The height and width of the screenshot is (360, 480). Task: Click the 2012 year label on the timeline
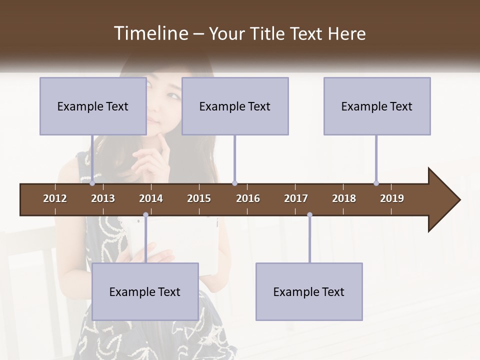[55, 198]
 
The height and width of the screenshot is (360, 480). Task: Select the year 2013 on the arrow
[103, 198]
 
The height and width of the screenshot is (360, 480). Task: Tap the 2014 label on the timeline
[151, 198]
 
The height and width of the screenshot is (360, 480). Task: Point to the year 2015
[199, 198]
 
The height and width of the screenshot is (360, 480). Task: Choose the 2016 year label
[248, 198]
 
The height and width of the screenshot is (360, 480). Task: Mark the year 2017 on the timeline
[296, 198]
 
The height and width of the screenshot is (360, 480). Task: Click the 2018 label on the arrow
[344, 198]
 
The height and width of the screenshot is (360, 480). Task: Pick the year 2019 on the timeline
[392, 198]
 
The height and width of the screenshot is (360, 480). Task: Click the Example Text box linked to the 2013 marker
[93, 106]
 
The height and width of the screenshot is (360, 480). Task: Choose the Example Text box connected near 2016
[235, 106]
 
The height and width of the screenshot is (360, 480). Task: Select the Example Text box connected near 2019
[377, 106]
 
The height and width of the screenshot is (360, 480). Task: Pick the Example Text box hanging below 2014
[145, 291]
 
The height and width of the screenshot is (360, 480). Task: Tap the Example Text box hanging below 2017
[309, 291]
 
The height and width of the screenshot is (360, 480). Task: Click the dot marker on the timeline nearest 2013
[92, 183]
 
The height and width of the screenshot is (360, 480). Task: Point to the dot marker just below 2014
[145, 215]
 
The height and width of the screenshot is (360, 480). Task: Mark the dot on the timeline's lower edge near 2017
[309, 215]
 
